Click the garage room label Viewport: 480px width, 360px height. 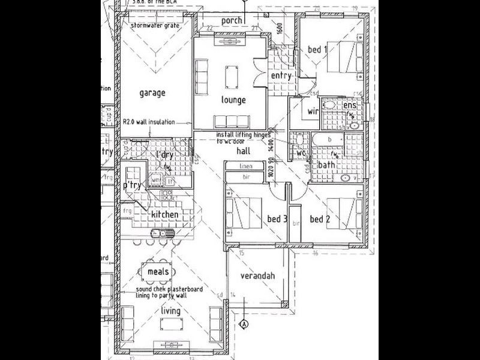coord(152,93)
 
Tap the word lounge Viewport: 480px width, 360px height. coord(233,100)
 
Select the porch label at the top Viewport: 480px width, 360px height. coord(232,20)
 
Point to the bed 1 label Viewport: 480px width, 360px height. coord(317,49)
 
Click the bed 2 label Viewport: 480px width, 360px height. coord(320,220)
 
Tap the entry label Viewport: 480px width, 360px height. coord(281,76)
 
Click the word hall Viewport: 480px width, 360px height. coord(242,152)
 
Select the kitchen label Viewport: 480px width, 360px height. coord(164,214)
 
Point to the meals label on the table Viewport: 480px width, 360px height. coord(157,272)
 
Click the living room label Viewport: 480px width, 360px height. coord(170,311)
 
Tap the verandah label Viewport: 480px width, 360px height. coord(257,276)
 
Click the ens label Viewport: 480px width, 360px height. coord(350,106)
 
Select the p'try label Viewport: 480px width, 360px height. coord(131,185)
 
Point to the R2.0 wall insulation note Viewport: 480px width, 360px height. coord(149,122)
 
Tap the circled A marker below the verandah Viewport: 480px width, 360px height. coord(244,325)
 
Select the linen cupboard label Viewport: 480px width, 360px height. coord(244,166)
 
